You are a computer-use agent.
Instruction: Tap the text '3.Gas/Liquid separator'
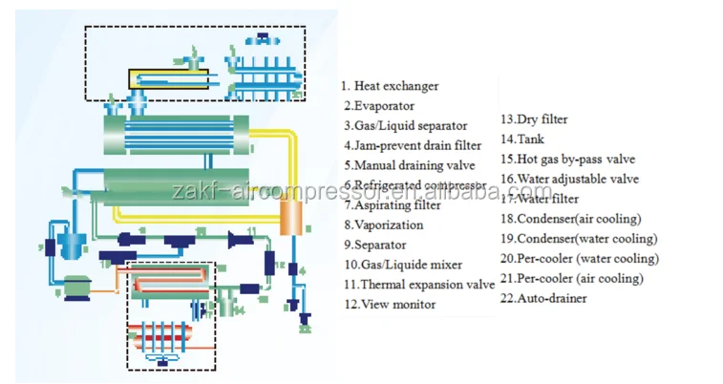406,126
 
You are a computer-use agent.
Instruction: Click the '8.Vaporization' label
384,224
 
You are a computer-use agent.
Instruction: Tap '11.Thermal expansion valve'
419,285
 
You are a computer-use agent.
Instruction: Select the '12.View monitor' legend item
390,305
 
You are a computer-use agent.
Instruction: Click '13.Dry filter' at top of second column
535,119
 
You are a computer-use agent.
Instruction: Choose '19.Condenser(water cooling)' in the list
579,239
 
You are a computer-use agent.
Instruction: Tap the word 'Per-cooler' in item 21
545,279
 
